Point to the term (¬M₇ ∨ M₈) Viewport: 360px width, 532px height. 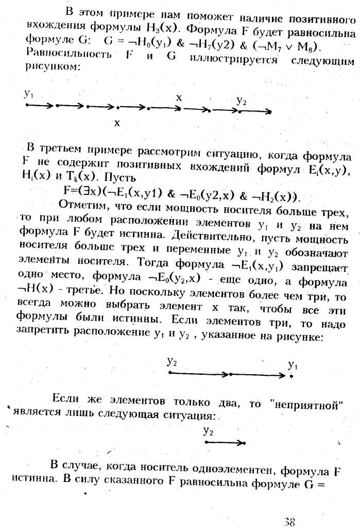[x=292, y=46]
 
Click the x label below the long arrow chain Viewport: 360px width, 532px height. [x=117, y=123]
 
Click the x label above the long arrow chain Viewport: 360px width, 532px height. [x=179, y=97]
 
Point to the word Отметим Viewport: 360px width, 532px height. [x=83, y=205]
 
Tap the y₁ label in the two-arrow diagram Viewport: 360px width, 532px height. [x=292, y=365]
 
